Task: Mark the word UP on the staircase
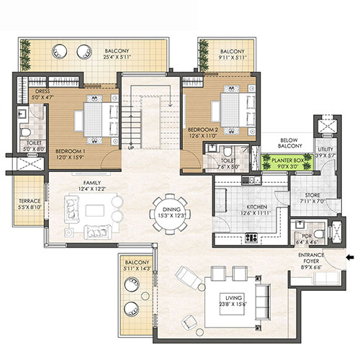tap(131, 147)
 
